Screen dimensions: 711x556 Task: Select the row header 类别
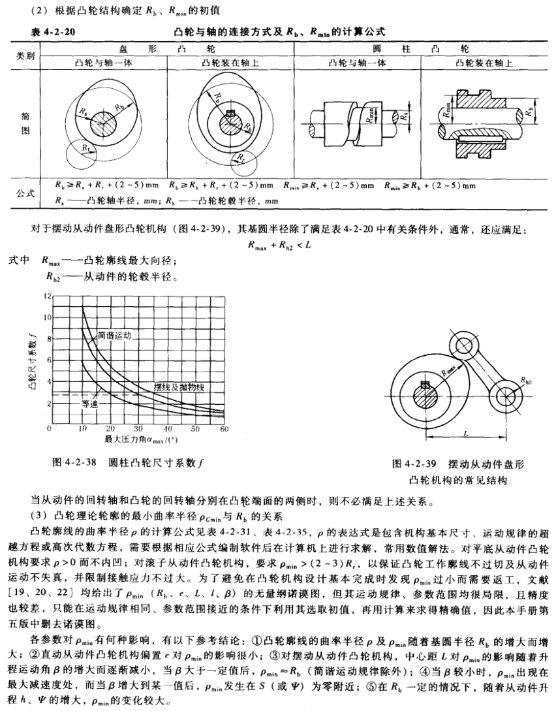(25, 56)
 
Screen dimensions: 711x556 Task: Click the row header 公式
(25, 193)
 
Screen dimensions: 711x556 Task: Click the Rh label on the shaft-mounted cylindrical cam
(527, 113)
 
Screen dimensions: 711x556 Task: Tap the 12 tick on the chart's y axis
(46, 296)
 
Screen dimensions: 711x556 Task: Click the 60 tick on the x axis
(225, 429)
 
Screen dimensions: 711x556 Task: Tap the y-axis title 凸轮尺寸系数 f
(33, 359)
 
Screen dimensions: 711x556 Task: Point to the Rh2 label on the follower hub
(525, 378)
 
